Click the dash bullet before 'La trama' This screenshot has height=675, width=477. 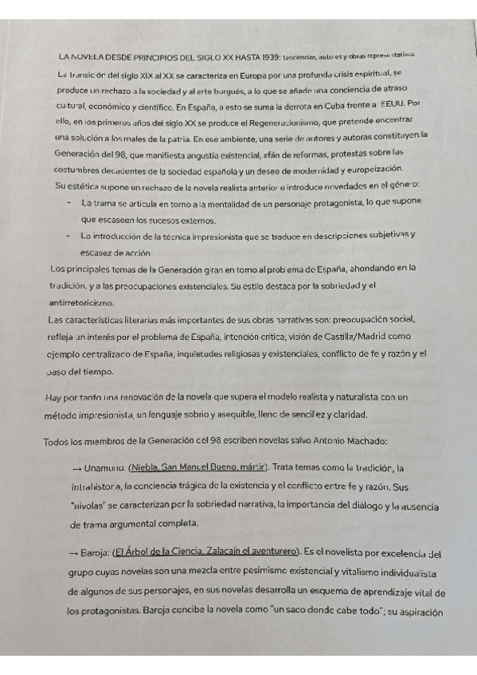[67, 202]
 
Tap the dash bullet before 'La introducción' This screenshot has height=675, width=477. [67, 236]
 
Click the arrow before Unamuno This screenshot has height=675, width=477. [77, 468]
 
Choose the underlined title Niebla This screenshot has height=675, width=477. [145, 468]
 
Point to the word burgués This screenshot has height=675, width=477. [249, 89]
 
